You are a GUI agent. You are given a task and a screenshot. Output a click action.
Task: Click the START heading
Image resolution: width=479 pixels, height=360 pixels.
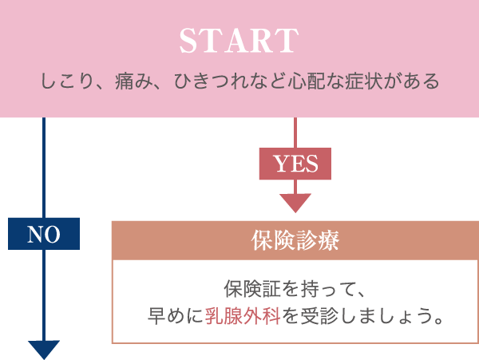(x=239, y=42)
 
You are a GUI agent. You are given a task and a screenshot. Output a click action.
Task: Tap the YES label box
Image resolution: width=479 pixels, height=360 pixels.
(x=295, y=164)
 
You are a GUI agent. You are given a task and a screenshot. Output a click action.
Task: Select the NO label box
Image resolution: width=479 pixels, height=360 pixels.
(x=44, y=233)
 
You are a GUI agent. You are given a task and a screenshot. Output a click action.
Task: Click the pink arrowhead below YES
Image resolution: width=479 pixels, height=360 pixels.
(x=295, y=203)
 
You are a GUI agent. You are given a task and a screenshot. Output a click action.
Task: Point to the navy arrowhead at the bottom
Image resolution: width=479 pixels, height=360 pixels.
(x=44, y=350)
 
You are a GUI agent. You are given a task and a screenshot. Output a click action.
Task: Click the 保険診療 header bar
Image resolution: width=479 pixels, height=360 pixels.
(x=295, y=240)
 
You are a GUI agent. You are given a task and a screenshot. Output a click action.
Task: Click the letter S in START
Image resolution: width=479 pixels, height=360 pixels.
(x=188, y=42)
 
